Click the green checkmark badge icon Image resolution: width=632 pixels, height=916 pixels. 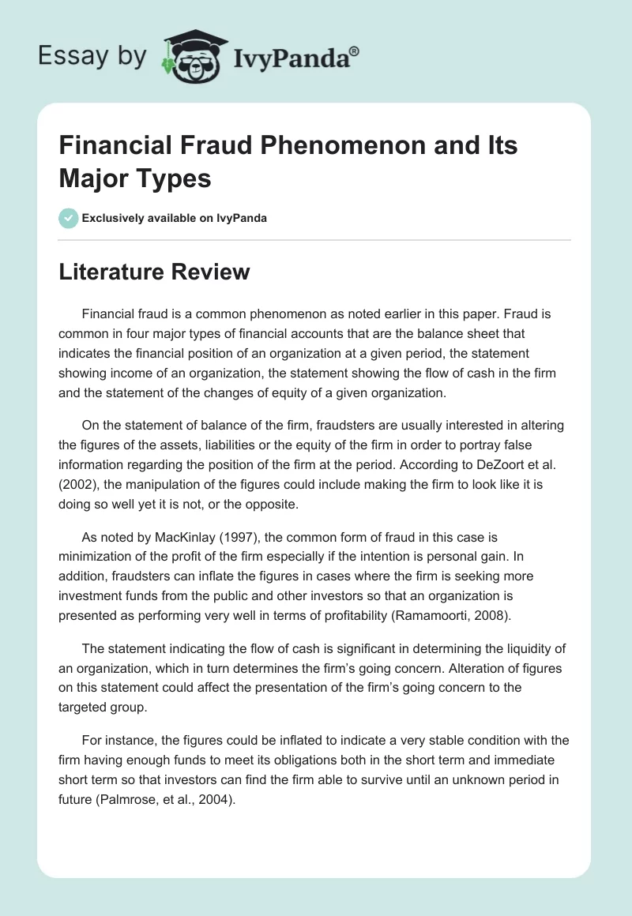point(68,218)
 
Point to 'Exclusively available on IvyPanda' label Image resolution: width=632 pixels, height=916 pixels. point(175,218)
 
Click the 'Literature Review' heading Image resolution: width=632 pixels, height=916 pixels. point(154,272)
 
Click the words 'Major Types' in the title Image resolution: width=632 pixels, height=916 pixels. point(135,178)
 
